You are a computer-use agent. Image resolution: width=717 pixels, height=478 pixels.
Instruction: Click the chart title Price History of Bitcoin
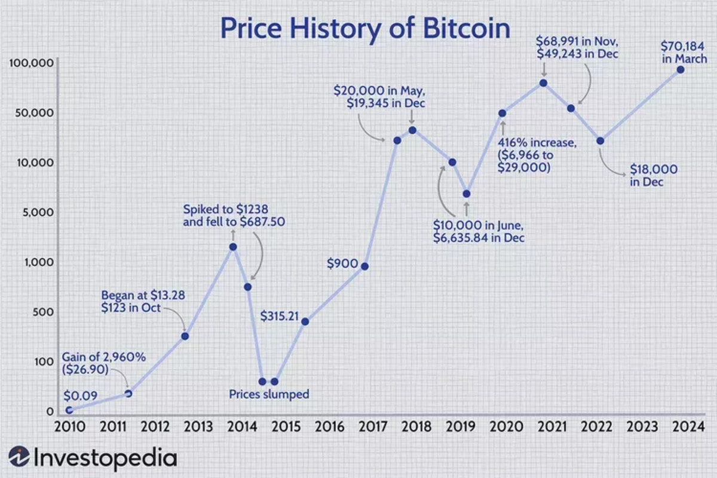[365, 29]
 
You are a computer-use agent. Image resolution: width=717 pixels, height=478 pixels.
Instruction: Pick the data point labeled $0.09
[69, 410]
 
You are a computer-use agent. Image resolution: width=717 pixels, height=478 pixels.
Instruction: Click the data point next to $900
[364, 266]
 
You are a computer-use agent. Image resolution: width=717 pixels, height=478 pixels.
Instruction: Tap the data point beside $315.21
[305, 321]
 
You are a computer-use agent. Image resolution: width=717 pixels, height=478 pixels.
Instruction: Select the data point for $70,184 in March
[680, 70]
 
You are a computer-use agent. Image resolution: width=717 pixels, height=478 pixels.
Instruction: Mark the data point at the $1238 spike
[233, 246]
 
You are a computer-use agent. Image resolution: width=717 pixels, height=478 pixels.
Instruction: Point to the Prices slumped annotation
[269, 394]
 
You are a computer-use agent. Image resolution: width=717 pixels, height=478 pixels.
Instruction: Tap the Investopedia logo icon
[19, 458]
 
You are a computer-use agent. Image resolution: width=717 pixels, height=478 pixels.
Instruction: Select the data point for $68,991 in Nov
[543, 82]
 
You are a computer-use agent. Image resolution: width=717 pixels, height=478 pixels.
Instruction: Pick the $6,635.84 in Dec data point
[467, 194]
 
